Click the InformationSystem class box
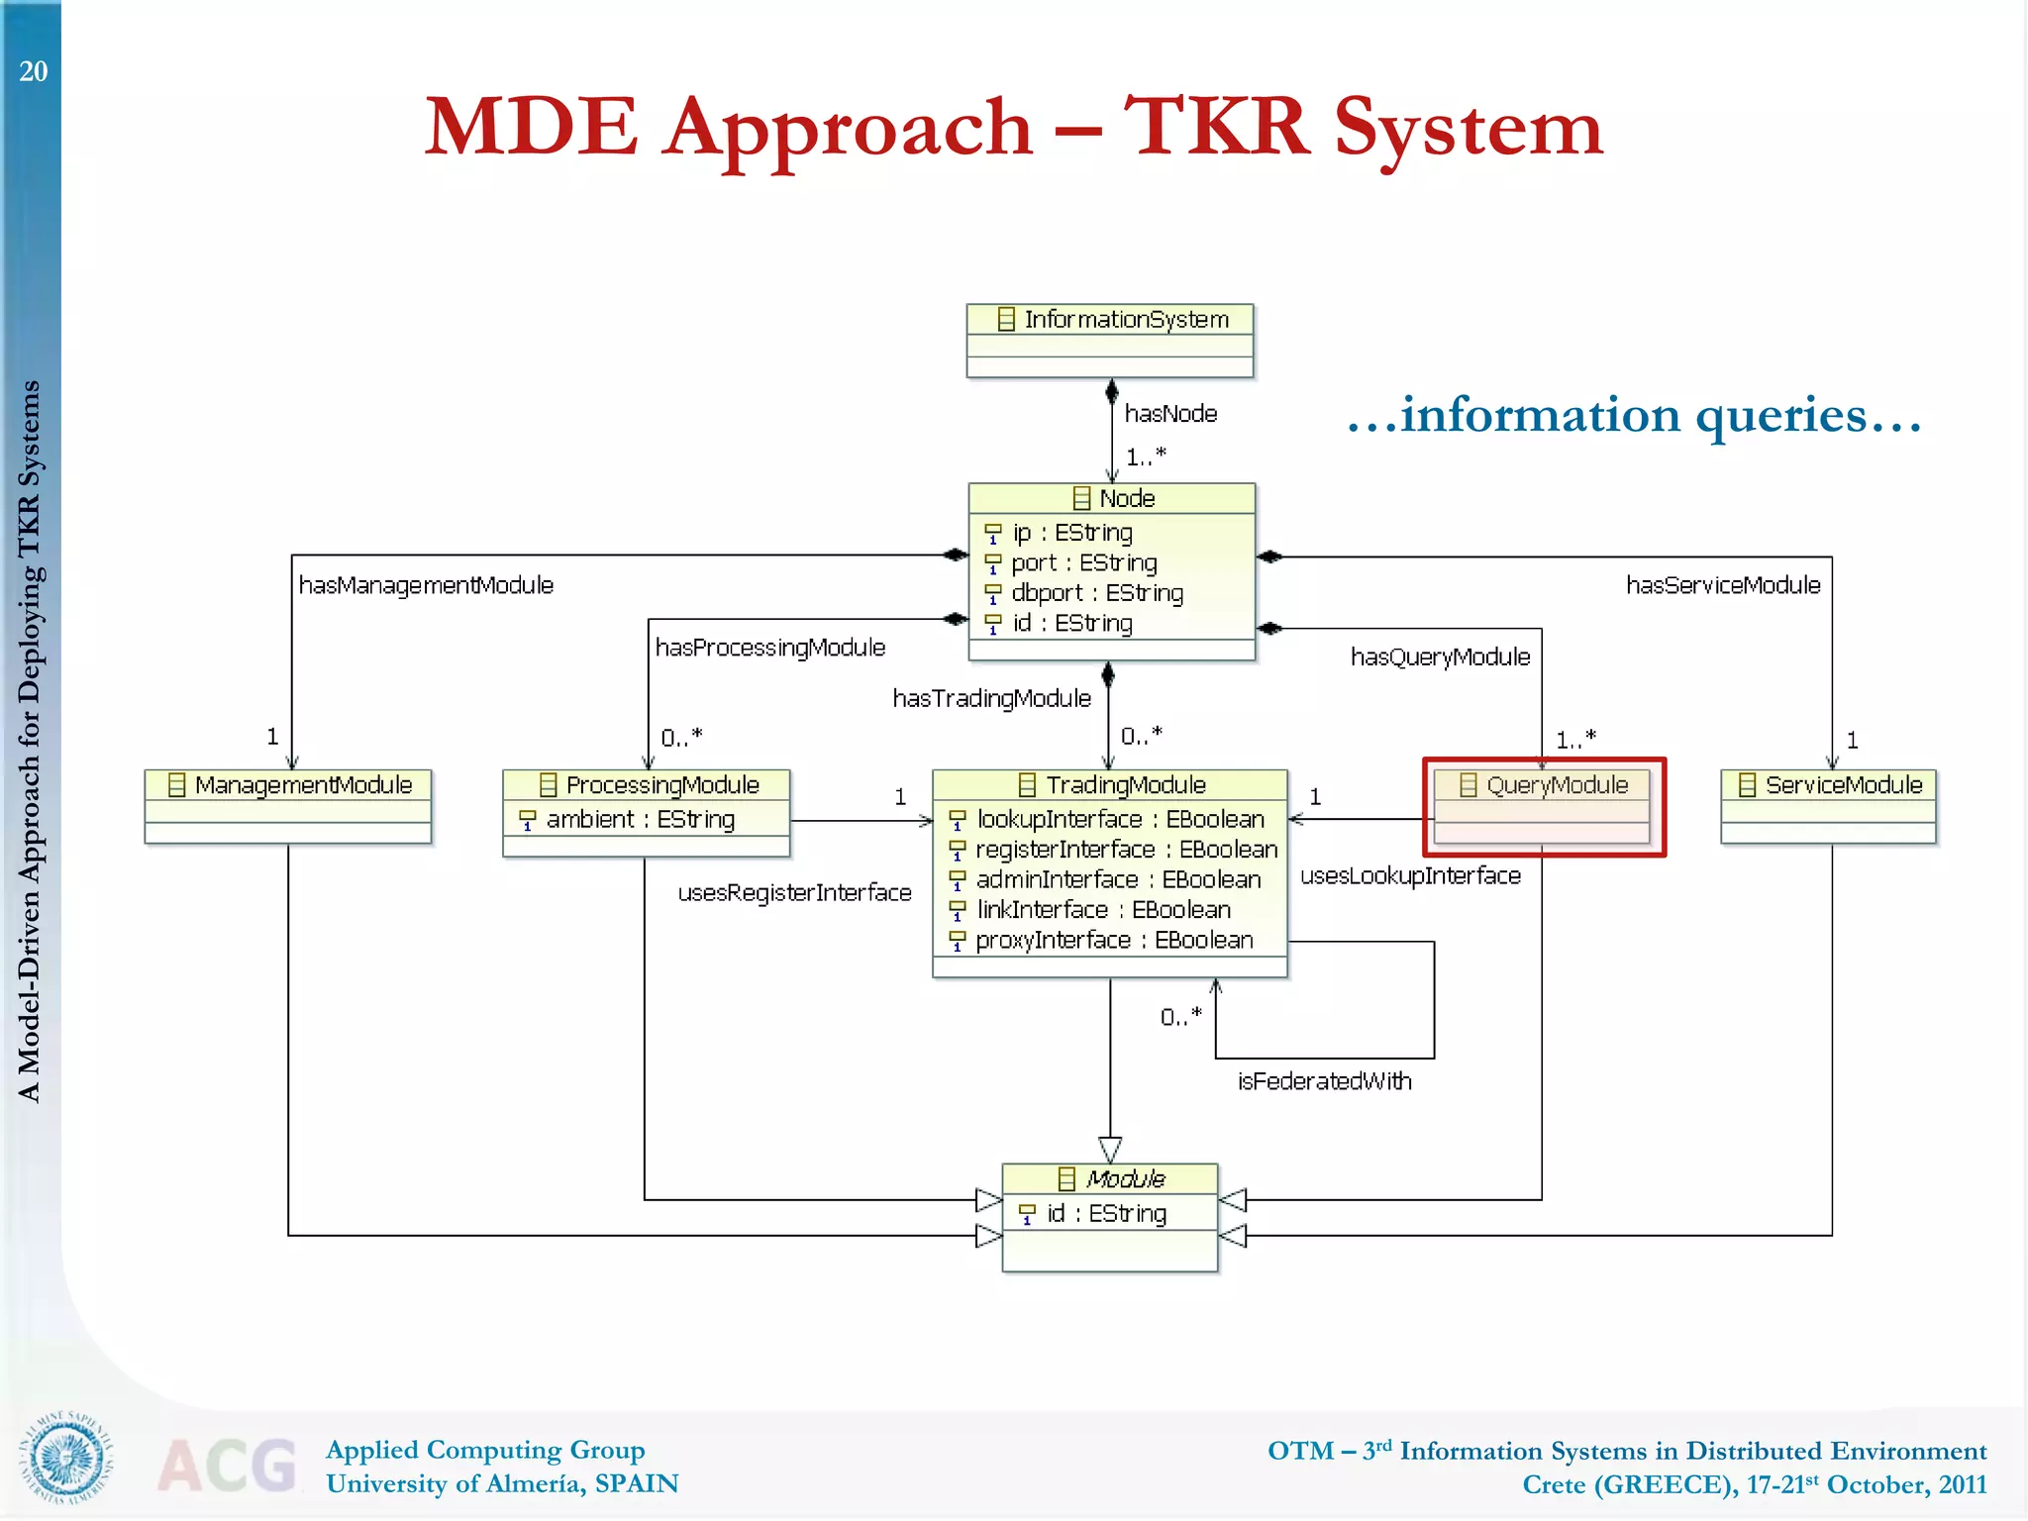tap(1109, 340)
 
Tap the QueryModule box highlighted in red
tap(1543, 806)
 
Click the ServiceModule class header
tap(1828, 785)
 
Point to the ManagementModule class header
tap(288, 785)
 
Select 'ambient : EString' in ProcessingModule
tap(640, 820)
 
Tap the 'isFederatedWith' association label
tap(1324, 1081)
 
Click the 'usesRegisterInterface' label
tap(794, 893)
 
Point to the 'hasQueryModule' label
tap(1440, 658)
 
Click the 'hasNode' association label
tap(1170, 414)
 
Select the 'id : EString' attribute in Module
tap(1106, 1214)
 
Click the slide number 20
tap(33, 71)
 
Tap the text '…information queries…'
tap(1634, 415)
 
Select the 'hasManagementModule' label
tap(426, 586)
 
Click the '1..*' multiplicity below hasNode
tap(1146, 457)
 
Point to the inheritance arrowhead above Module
tap(1110, 1150)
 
